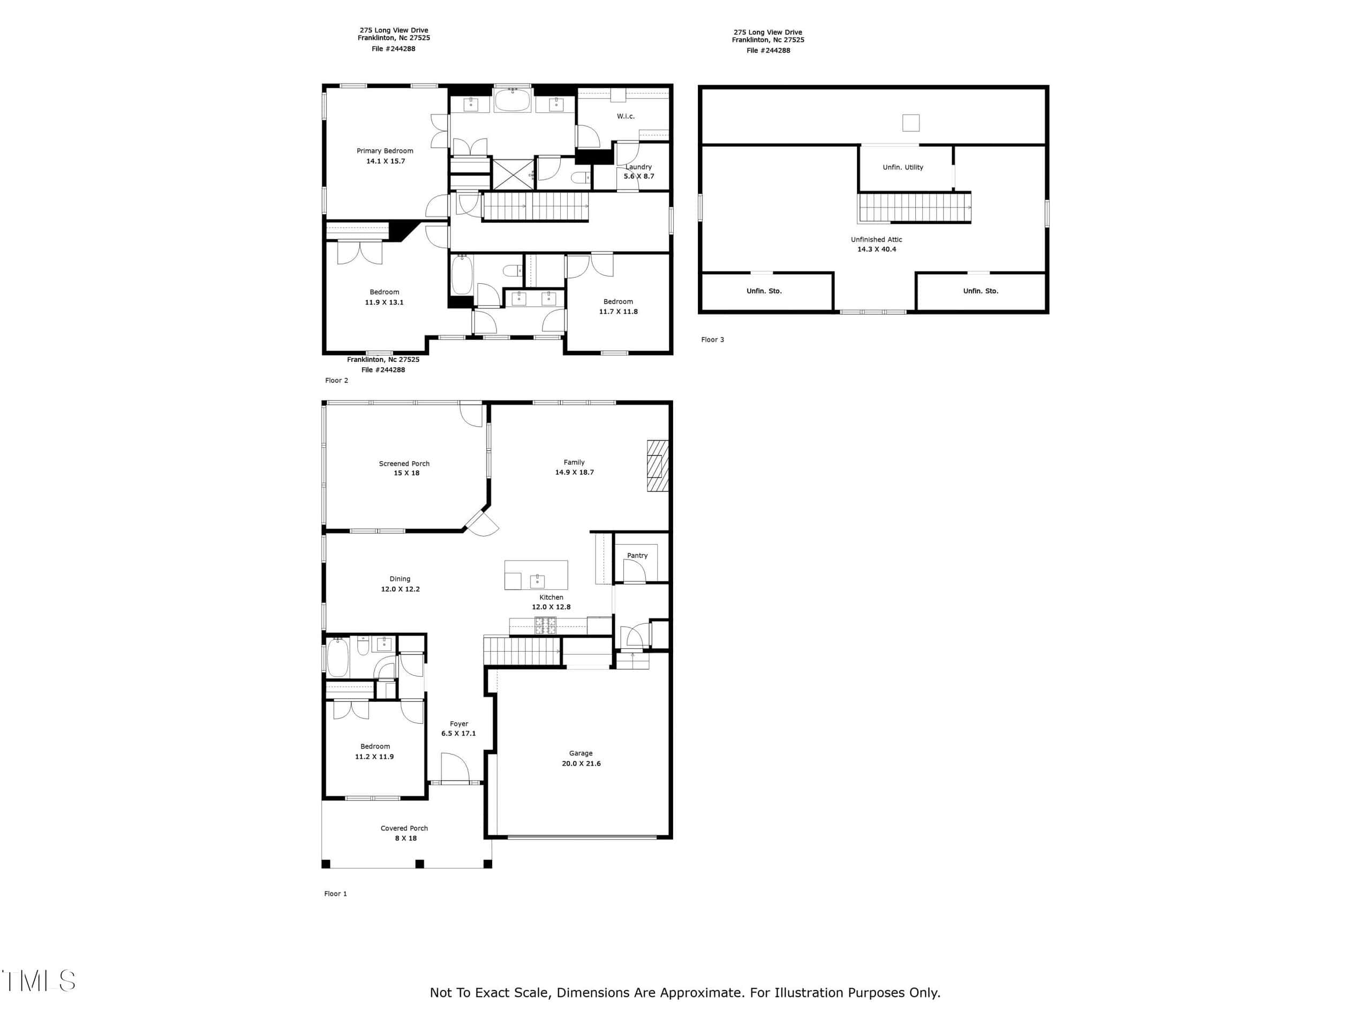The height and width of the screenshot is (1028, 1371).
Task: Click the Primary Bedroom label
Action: pos(385,150)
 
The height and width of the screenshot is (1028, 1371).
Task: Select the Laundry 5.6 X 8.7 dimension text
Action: pos(638,177)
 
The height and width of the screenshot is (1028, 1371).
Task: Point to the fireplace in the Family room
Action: pos(658,465)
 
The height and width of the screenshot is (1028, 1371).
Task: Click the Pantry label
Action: pos(637,556)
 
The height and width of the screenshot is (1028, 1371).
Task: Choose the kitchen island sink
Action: pos(537,580)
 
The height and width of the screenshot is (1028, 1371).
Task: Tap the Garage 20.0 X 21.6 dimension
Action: pos(581,764)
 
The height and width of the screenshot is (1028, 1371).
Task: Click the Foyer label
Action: pos(458,724)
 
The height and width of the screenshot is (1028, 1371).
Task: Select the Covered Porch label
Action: pos(404,828)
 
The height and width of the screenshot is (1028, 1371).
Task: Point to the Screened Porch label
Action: pos(404,464)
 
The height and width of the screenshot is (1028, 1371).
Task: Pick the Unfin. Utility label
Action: pos(902,167)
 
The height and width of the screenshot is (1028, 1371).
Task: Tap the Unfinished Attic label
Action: pos(876,240)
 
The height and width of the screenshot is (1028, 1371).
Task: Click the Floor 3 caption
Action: pos(712,339)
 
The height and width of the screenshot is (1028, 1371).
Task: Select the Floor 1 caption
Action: pos(335,894)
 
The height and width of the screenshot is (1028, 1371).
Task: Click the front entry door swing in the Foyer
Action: pos(455,768)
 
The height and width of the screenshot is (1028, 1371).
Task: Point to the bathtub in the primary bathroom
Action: pos(512,100)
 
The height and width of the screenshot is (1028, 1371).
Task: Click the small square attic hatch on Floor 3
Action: pos(910,123)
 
